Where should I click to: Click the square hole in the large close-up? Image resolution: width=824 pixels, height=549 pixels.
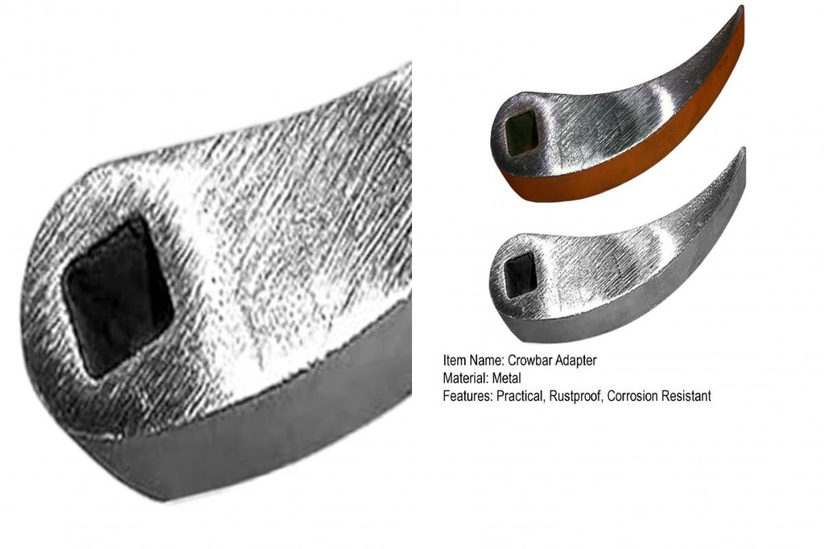point(118,296)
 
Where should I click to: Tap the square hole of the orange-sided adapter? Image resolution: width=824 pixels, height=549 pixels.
point(521,128)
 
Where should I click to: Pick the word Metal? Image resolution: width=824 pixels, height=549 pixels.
point(507,378)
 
